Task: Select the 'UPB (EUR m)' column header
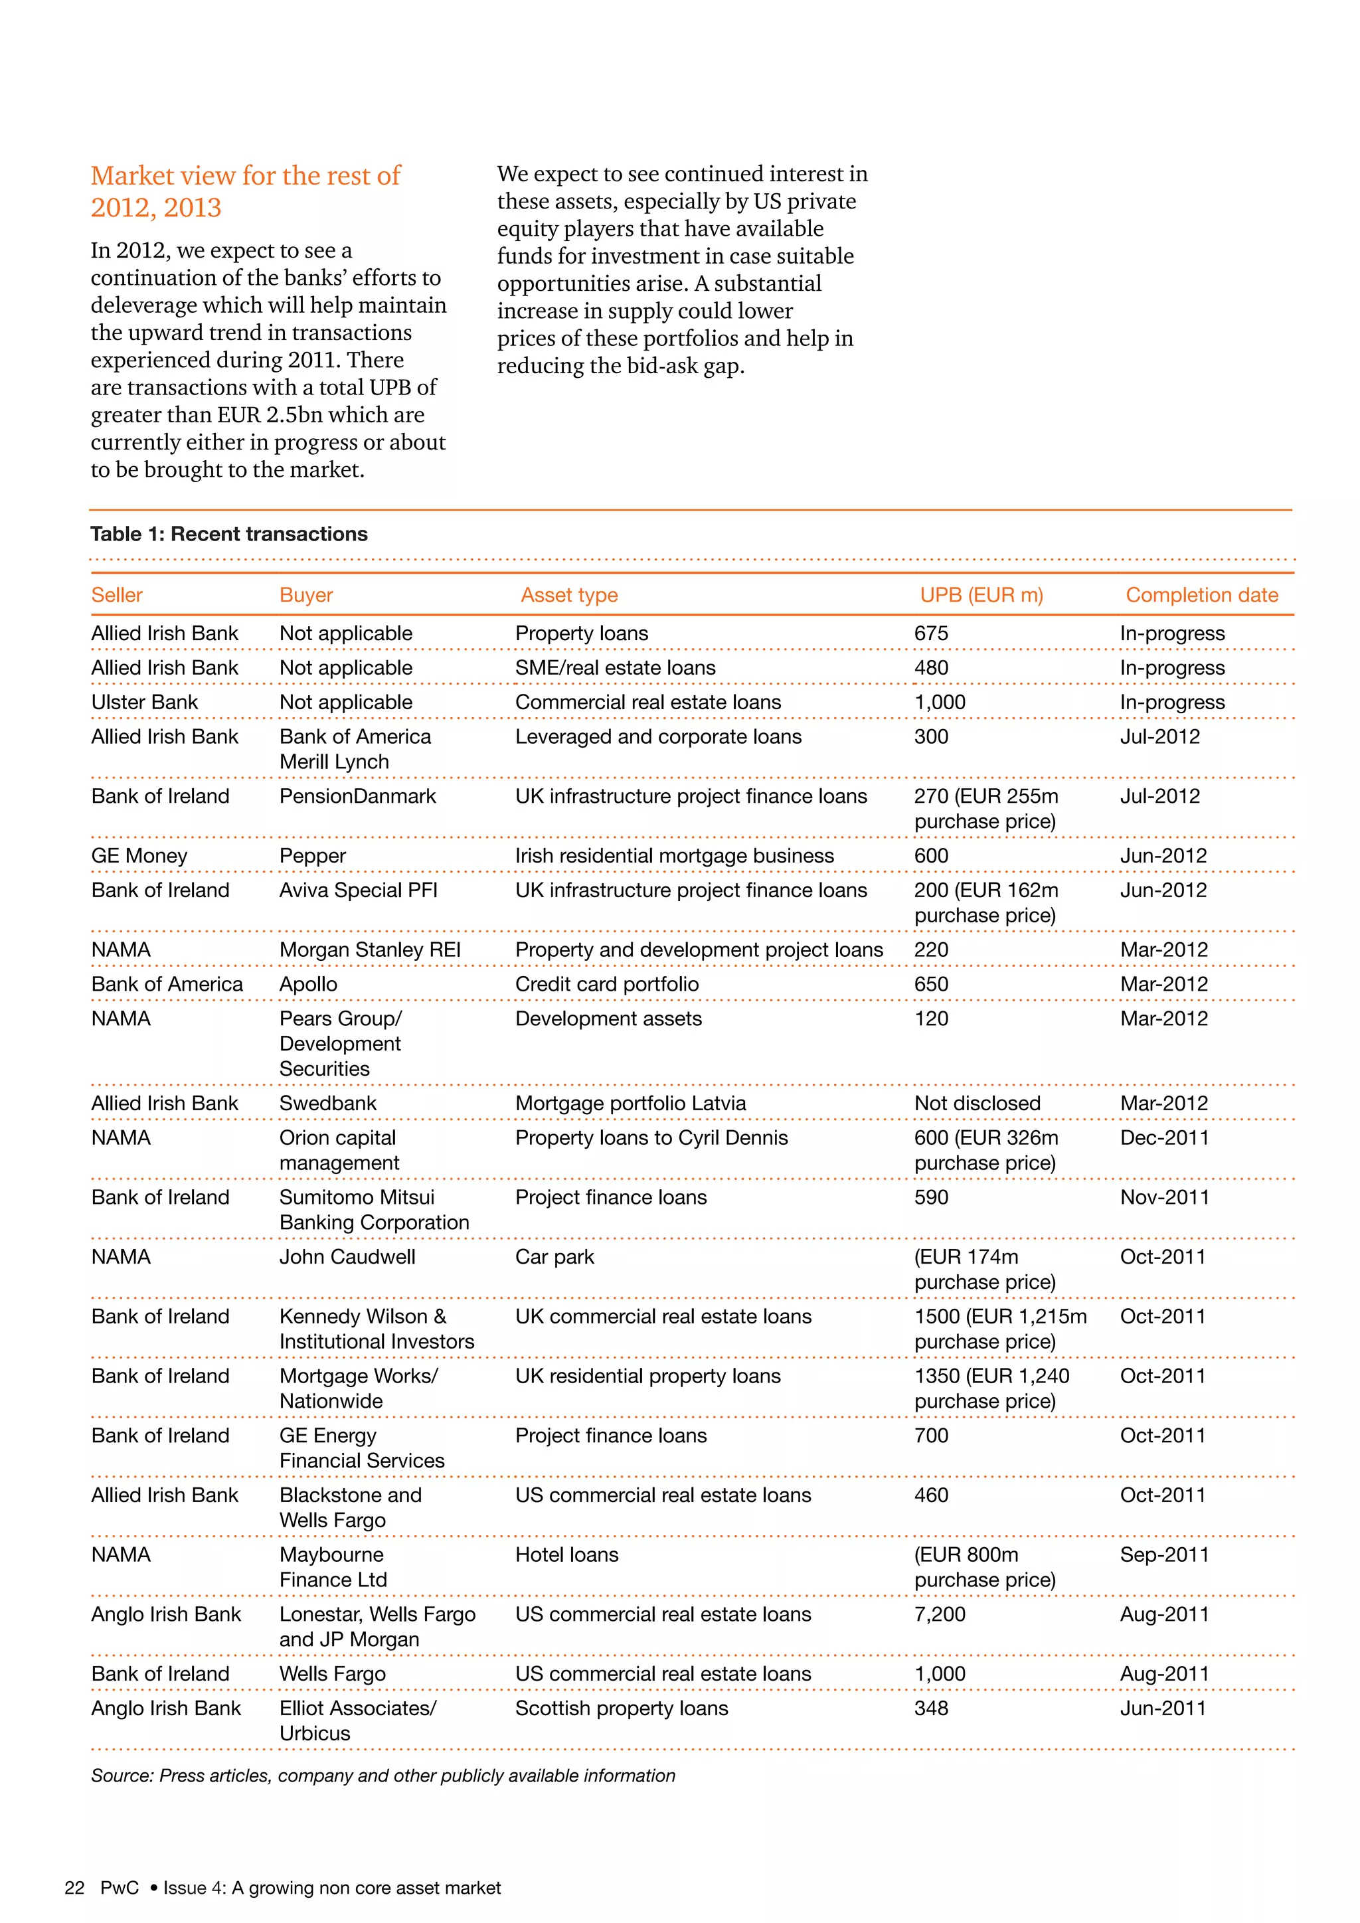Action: [x=981, y=595]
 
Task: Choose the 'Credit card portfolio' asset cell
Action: [x=606, y=984]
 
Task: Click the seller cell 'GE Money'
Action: [x=139, y=856]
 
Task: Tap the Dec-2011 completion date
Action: [x=1164, y=1137]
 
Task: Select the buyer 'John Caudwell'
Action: [x=347, y=1256]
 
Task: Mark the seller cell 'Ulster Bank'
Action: [x=144, y=702]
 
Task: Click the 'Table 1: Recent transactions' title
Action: [x=228, y=535]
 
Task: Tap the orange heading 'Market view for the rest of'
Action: [x=245, y=176]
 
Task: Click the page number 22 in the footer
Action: [x=74, y=1887]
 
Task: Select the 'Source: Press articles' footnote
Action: [x=382, y=1776]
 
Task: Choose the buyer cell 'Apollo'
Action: [x=308, y=984]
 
